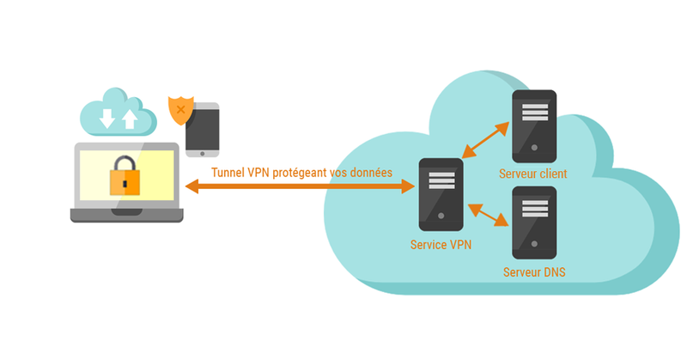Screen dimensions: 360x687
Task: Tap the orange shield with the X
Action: point(179,110)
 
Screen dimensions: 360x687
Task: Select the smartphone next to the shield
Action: point(203,130)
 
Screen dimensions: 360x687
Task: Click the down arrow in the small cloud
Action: point(106,119)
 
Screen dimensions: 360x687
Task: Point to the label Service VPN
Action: point(441,245)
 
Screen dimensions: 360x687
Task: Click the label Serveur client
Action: point(532,174)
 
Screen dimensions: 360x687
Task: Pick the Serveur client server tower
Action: point(533,125)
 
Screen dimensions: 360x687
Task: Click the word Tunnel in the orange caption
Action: point(228,172)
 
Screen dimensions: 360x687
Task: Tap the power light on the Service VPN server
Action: point(441,216)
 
